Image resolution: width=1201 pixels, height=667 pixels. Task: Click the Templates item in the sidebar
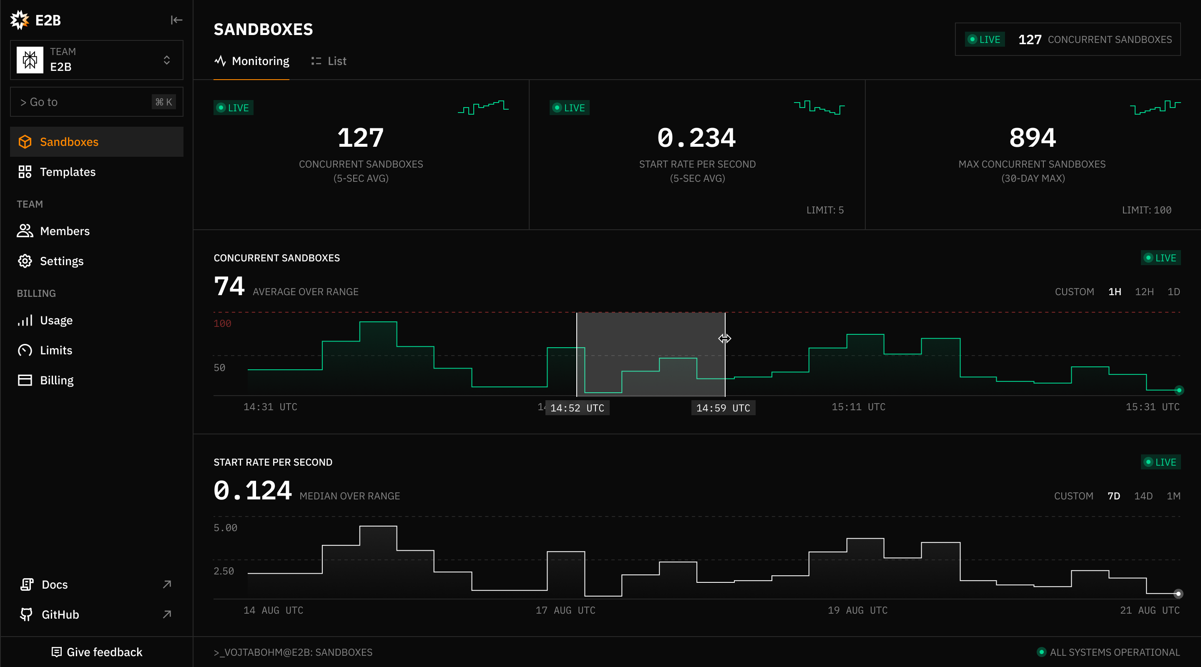68,172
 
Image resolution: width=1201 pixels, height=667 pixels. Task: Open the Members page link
64,231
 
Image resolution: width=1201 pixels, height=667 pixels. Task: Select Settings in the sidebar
62,261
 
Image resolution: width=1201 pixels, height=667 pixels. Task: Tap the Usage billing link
56,320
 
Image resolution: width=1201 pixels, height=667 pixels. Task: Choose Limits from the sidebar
56,350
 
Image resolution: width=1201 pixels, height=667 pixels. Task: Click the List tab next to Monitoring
329,61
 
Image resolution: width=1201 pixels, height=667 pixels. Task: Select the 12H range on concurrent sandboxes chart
1144,292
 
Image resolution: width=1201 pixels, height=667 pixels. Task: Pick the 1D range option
1173,292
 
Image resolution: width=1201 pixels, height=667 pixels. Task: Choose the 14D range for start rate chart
1143,496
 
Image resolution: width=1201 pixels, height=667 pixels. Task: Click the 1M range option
1173,496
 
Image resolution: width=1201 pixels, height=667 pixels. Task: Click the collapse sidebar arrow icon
176,20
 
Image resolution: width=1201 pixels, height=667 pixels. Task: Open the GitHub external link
60,614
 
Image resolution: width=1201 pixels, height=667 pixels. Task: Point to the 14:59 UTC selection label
723,408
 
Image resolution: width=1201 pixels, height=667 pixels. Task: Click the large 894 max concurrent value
1033,138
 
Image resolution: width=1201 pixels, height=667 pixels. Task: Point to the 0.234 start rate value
696,138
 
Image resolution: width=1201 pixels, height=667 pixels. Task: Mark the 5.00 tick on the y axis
225,528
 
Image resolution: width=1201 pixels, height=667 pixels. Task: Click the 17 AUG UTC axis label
565,610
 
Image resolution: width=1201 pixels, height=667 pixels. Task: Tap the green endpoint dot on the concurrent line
1178,390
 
